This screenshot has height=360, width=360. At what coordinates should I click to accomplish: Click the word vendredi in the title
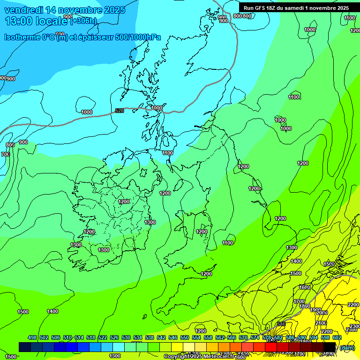pos(22,10)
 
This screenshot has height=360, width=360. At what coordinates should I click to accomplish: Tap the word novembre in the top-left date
pos(80,10)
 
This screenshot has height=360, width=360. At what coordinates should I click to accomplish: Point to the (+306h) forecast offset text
pos(83,21)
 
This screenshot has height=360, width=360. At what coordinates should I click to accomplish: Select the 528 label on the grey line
pos(120,111)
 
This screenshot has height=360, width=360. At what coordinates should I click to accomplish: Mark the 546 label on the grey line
pos(281,324)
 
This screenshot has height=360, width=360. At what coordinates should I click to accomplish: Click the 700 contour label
pos(6,154)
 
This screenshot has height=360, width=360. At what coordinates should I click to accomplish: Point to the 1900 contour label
pos(316,310)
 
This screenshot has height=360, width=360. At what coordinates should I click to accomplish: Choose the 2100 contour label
pos(321,323)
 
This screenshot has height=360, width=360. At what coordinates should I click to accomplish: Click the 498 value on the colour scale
pos(32,337)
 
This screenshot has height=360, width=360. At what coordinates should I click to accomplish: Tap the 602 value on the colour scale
pos(337,337)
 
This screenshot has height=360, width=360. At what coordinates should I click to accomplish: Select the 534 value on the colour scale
pos(138,337)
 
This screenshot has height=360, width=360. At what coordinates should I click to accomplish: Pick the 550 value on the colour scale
pos(185,337)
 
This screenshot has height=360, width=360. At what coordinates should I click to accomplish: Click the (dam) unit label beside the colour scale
pos(347,347)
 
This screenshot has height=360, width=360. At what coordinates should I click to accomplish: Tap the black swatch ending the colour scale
pos(330,347)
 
